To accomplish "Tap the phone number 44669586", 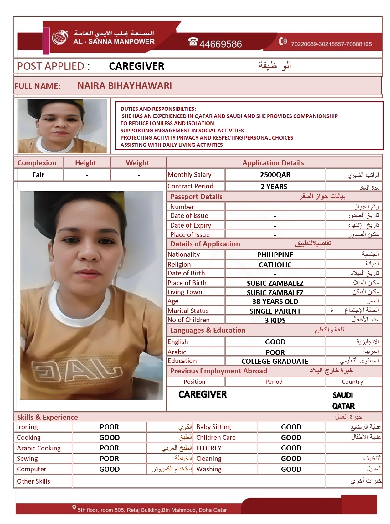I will click(x=220, y=44).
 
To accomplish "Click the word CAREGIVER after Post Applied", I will click(x=136, y=66).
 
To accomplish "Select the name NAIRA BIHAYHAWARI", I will click(x=125, y=86).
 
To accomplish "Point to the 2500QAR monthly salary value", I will click(x=275, y=175).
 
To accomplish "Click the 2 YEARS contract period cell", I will click(x=274, y=187).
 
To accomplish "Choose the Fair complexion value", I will click(x=38, y=175).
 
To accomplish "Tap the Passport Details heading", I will click(x=196, y=197).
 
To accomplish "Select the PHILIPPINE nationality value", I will click(x=275, y=255).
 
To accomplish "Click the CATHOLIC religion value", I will click(x=275, y=265).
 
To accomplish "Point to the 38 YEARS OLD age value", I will click(x=275, y=301).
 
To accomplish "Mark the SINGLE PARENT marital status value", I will click(x=275, y=311).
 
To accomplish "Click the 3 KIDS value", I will click(x=275, y=320).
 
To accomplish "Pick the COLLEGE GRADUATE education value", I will click(x=275, y=361).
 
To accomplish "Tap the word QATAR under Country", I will click(x=343, y=406).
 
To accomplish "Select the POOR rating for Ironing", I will click(x=109, y=427).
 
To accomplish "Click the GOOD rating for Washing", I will click(x=291, y=469).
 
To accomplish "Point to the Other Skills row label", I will click(x=33, y=481).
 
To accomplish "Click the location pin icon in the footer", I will click(x=74, y=507).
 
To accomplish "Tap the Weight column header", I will click(x=137, y=163).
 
